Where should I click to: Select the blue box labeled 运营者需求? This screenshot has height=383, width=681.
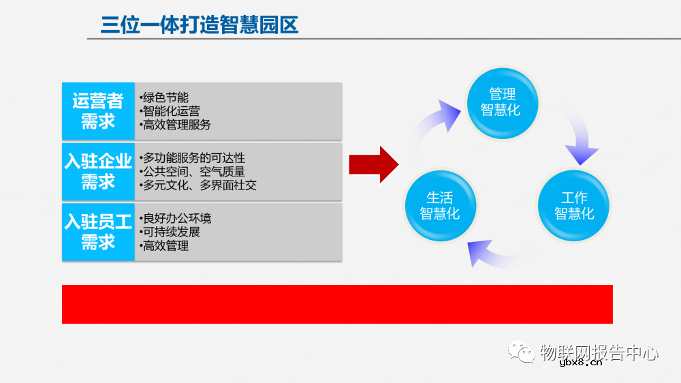pyautogui.click(x=98, y=111)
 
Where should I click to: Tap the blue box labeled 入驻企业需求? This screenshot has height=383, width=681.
pyautogui.click(x=98, y=171)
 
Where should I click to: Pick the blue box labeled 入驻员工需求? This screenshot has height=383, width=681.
pyautogui.click(x=98, y=232)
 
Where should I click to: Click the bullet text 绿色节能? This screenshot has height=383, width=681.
pyautogui.click(x=164, y=97)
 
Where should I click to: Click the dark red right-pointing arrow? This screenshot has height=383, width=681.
pyautogui.click(x=373, y=164)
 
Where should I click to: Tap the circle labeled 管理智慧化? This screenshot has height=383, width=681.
pyautogui.click(x=502, y=102)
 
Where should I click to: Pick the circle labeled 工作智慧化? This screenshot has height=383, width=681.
pyautogui.click(x=573, y=205)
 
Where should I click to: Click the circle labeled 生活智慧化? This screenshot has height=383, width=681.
pyautogui.click(x=439, y=205)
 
